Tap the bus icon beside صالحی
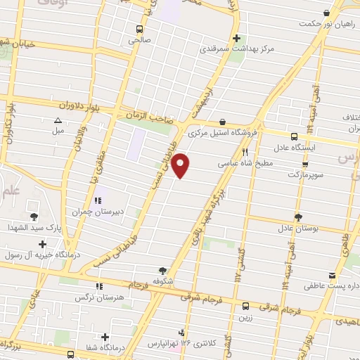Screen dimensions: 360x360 [x=140, y=30]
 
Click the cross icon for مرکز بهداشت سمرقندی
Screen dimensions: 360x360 [x=237, y=38]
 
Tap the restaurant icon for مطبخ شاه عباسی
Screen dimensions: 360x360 [x=245, y=152]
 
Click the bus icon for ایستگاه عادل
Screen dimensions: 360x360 [x=294, y=137]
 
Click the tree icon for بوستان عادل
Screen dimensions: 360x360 [x=298, y=217]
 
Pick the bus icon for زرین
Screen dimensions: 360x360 [x=245, y=306]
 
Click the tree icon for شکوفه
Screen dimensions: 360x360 [x=163, y=269]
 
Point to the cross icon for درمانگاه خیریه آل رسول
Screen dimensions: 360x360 [x=43, y=244]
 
